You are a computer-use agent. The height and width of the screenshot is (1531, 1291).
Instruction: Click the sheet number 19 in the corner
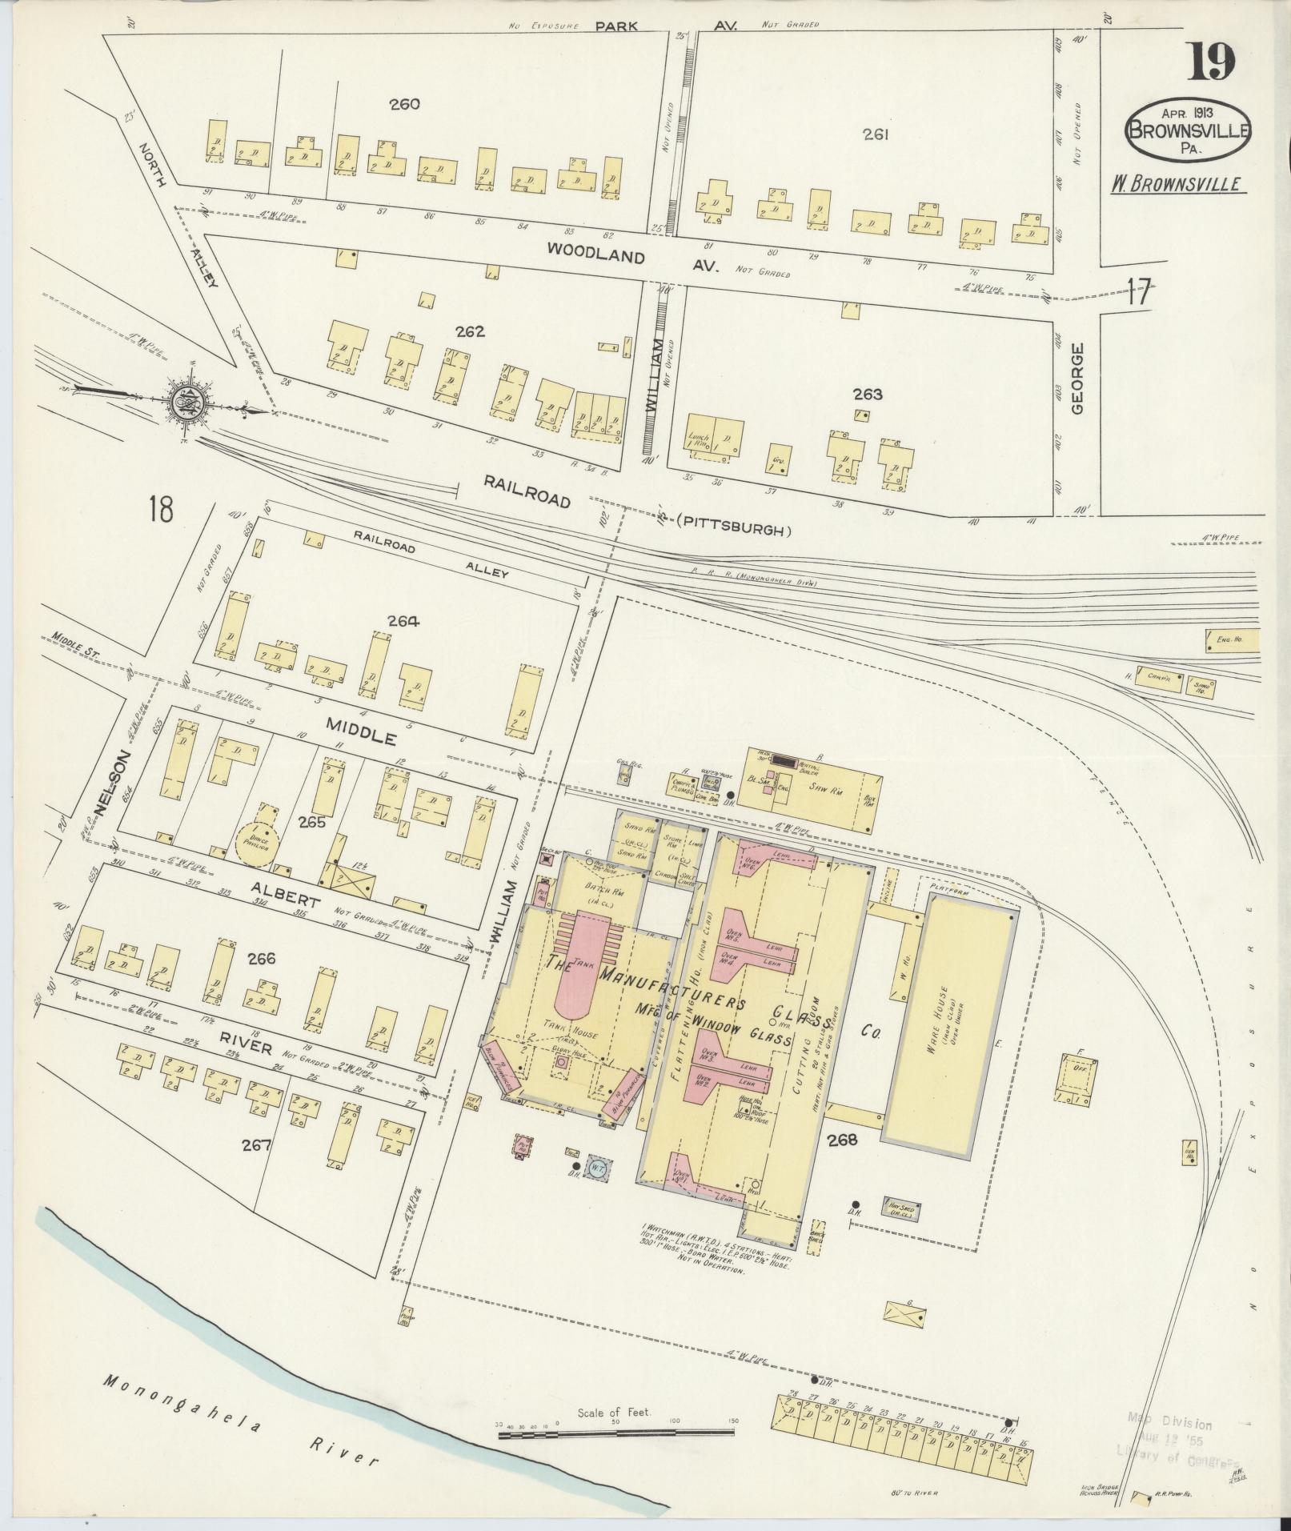pyautogui.click(x=1210, y=62)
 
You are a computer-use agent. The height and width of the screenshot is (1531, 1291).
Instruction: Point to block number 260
pyautogui.click(x=405, y=103)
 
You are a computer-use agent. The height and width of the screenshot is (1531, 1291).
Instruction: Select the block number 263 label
pyautogui.click(x=867, y=394)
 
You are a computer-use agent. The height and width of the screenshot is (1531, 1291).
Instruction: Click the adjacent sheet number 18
pyautogui.click(x=160, y=509)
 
